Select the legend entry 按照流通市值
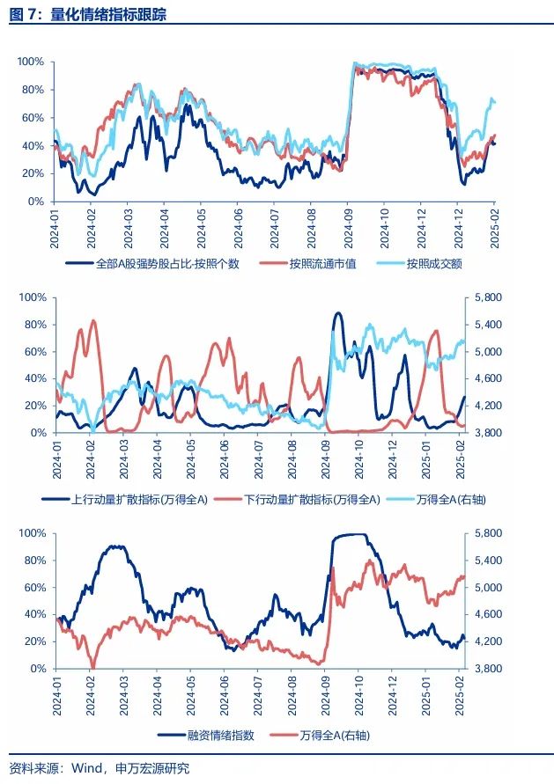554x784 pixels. point(321,263)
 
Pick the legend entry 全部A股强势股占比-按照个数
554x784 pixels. point(166,263)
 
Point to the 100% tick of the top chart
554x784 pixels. point(31,62)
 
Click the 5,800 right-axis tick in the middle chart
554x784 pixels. point(486,297)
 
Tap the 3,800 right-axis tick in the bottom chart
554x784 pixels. point(486,669)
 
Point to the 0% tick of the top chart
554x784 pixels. point(36,201)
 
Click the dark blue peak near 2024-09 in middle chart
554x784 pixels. point(338,313)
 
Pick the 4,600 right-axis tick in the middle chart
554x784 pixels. point(486,378)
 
